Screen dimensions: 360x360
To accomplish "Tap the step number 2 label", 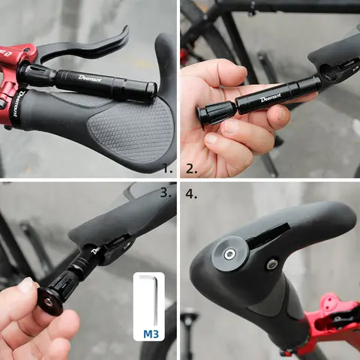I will tap(191, 169).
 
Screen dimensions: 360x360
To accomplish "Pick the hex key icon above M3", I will tap(150, 299).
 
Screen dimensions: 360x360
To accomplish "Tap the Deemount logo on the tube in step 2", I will tap(268, 96).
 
